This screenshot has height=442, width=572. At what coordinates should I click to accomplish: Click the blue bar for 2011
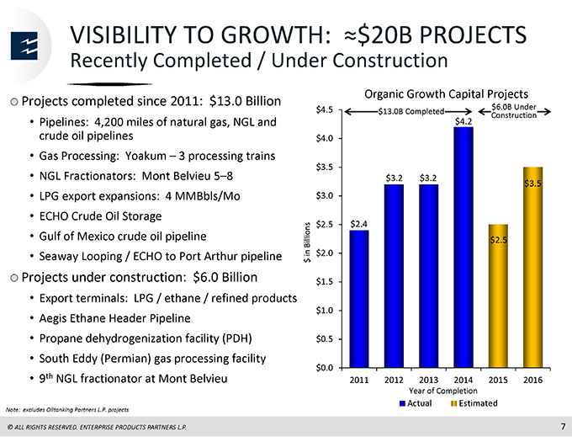[x=359, y=299]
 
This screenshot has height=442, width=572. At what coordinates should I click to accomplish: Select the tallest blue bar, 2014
[x=463, y=247]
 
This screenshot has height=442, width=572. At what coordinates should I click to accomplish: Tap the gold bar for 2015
[x=498, y=296]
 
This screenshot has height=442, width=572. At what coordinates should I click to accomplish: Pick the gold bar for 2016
[x=533, y=267]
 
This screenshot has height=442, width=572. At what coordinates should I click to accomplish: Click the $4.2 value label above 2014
[x=463, y=121]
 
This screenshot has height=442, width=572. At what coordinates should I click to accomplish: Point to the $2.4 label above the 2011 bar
[x=359, y=224]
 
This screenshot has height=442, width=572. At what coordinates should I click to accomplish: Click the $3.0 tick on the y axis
[x=325, y=196]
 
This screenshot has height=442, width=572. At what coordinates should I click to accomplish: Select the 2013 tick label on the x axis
[x=429, y=380]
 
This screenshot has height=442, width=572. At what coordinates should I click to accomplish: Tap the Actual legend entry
[x=416, y=403]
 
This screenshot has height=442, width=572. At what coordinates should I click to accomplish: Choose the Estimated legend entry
[x=474, y=403]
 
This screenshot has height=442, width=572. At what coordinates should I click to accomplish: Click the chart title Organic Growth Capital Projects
[x=446, y=94]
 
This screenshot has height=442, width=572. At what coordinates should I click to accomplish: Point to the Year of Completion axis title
[x=442, y=391]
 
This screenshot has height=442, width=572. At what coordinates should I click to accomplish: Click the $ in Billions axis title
[x=307, y=242]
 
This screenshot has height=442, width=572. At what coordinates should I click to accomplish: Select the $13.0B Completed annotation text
[x=410, y=111]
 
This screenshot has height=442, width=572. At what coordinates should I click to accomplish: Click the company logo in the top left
[x=24, y=45]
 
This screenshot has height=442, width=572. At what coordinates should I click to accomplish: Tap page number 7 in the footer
[x=563, y=426]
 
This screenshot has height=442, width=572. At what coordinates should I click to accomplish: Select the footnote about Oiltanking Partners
[x=67, y=410]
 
